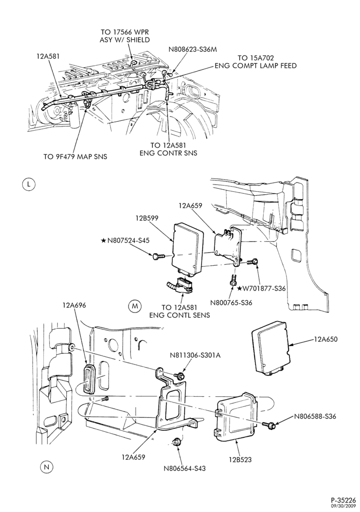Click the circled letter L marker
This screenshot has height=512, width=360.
pyautogui.click(x=28, y=185)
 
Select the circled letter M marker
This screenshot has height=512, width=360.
pyautogui.click(x=134, y=306)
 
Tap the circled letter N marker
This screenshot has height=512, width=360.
pyautogui.click(x=46, y=467)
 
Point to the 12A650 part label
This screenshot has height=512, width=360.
pyautogui.click(x=326, y=339)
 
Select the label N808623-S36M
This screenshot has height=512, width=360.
pyautogui.click(x=193, y=50)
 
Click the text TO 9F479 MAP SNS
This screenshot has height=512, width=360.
pyautogui.click(x=76, y=157)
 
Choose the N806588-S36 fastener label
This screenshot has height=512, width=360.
pyautogui.click(x=315, y=416)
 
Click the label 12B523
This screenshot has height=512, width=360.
pyautogui.click(x=240, y=460)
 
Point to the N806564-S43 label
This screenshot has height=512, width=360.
pyautogui.click(x=185, y=469)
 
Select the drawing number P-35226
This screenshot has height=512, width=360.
pyautogui.click(x=343, y=500)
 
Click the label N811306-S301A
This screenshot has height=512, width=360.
pyautogui.click(x=195, y=355)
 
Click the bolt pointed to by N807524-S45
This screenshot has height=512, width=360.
pyautogui.click(x=156, y=256)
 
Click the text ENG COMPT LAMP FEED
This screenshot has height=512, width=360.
pyautogui.click(x=256, y=66)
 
